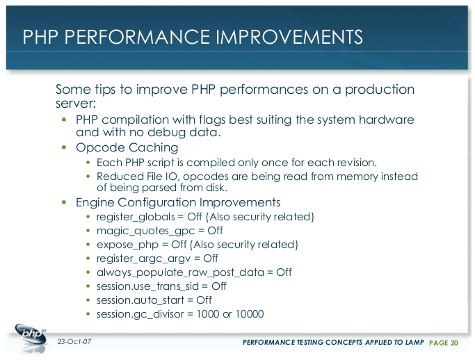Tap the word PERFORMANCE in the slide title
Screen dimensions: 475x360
[x=137, y=37]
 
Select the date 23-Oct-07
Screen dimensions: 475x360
[x=74, y=341]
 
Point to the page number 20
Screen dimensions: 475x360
[x=454, y=343]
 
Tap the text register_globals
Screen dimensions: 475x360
[x=136, y=217]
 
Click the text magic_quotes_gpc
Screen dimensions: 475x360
[x=146, y=231]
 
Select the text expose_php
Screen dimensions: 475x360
[x=127, y=245]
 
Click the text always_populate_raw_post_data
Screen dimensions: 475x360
[x=180, y=273]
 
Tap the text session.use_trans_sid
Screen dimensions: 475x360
[x=147, y=286]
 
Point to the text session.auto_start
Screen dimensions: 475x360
[x=140, y=300]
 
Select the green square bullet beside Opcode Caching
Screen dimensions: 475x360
[x=64, y=147]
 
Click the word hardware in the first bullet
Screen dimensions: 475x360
[x=386, y=120]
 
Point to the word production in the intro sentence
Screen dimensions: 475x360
[x=380, y=90]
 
